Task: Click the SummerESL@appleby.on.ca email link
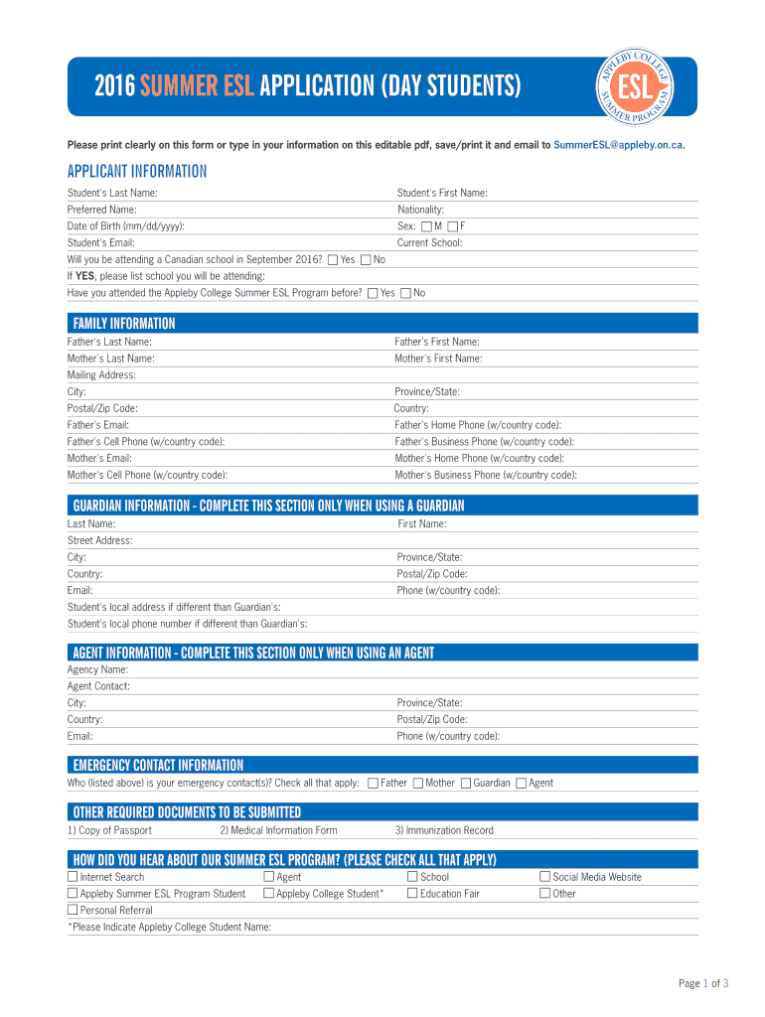[x=618, y=145]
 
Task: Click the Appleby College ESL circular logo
[x=635, y=85]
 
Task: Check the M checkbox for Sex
[x=426, y=226]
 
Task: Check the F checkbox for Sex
[x=453, y=226]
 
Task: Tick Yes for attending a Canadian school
[x=332, y=260]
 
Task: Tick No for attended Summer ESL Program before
[x=405, y=293]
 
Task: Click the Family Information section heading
[x=123, y=324]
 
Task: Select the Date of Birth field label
[x=125, y=226]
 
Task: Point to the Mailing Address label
[x=101, y=375]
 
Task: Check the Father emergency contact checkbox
[x=373, y=784]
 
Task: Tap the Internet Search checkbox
[x=73, y=877]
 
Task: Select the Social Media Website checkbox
[x=544, y=877]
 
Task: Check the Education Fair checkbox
[x=412, y=894]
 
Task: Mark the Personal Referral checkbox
[x=73, y=910]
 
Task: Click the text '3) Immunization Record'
[x=443, y=830]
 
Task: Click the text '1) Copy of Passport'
[x=109, y=830]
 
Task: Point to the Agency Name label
[x=97, y=669]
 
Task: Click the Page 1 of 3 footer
[x=703, y=984]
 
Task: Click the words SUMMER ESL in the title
[x=197, y=87]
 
